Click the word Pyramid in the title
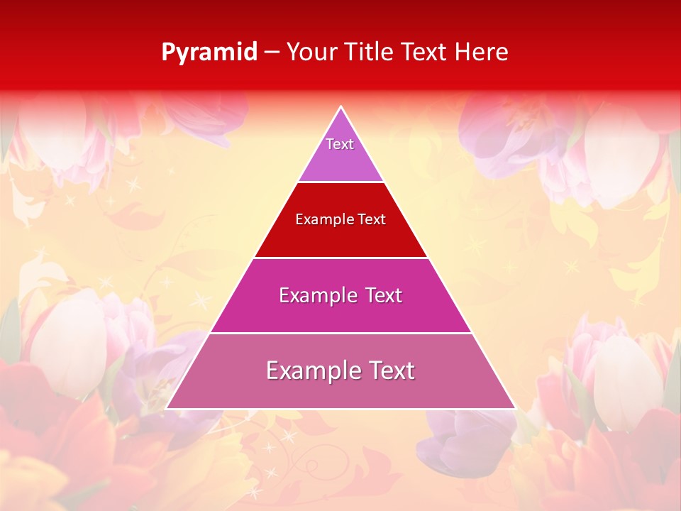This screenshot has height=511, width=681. [209, 53]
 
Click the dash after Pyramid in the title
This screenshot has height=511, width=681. [271, 53]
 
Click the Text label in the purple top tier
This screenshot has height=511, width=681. [340, 144]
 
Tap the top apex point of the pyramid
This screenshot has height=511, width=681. [341, 107]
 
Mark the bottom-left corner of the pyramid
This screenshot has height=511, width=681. [167, 408]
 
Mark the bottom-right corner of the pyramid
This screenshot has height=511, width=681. [514, 408]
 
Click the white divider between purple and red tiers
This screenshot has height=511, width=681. [341, 182]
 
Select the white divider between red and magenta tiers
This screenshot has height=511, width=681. [341, 258]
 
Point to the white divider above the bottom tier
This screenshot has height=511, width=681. [341, 333]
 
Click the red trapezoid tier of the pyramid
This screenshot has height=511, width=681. [341, 238]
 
